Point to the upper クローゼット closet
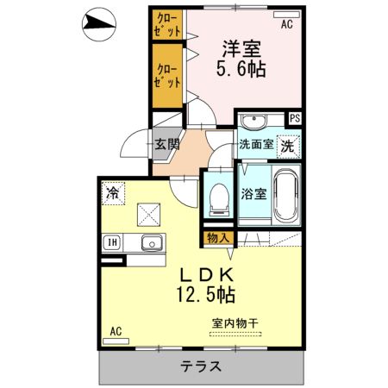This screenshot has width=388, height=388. click(167, 23)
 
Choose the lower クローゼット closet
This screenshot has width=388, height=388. click(167, 75)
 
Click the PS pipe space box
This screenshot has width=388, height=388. click(295, 118)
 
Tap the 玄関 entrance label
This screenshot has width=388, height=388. click(167, 144)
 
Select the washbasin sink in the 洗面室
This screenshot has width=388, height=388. click(254, 122)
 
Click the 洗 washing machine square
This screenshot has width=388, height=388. click(287, 145)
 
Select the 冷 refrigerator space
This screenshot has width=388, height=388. click(112, 191)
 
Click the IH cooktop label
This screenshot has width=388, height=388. click(112, 242)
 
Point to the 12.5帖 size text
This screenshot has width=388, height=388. click(205, 296)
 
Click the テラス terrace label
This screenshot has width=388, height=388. click(201, 366)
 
